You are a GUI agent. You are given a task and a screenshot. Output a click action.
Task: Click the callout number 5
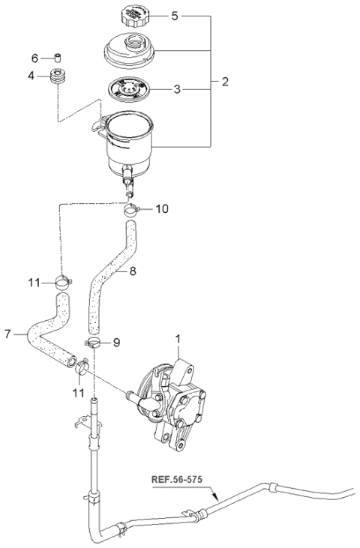(175, 16)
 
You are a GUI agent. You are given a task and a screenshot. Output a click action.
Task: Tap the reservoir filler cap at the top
(134, 16)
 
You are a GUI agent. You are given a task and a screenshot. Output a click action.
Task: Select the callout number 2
(225, 82)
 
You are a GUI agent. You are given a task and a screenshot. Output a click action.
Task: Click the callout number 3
(177, 89)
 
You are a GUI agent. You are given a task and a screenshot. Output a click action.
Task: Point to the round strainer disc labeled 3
(129, 89)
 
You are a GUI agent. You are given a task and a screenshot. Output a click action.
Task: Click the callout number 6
(34, 58)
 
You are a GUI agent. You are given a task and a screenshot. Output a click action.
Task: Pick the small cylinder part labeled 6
(58, 57)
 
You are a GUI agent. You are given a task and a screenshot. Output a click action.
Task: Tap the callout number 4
(31, 76)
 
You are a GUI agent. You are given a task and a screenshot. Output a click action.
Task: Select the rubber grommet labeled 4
(57, 76)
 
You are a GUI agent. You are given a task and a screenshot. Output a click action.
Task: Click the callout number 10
(162, 209)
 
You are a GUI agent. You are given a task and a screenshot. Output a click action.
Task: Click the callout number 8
(133, 271)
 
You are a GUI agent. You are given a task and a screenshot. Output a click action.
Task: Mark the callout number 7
(8, 334)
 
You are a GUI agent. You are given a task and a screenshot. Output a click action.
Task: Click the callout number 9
(116, 343)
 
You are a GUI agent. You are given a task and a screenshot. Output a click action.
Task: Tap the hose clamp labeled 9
(93, 343)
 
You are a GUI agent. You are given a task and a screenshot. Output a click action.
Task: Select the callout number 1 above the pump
(178, 339)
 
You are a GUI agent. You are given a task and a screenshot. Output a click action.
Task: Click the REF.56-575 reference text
(177, 479)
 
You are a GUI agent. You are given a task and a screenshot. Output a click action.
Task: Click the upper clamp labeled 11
(63, 282)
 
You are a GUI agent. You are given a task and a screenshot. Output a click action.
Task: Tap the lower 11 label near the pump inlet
(79, 393)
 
